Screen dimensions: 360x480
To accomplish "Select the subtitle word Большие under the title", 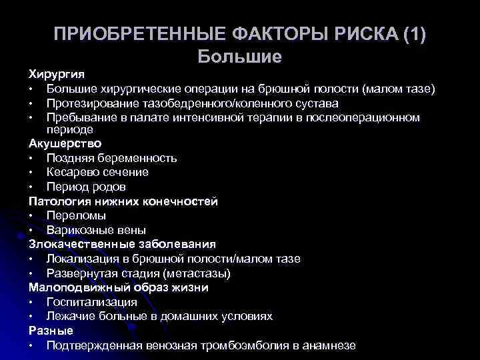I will [240, 56].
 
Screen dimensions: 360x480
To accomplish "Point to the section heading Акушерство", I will [65, 143].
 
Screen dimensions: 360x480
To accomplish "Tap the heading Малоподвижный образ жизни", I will [119, 287].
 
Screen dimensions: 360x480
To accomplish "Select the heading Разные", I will [51, 331].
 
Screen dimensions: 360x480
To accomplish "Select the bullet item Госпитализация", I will [91, 302].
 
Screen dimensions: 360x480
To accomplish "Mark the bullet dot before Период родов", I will [31, 187].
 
